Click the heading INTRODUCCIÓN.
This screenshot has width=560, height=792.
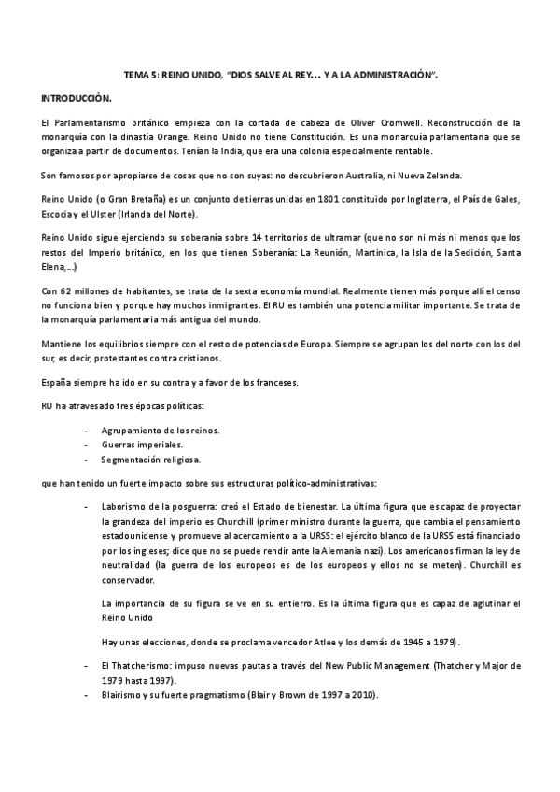[77, 98]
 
